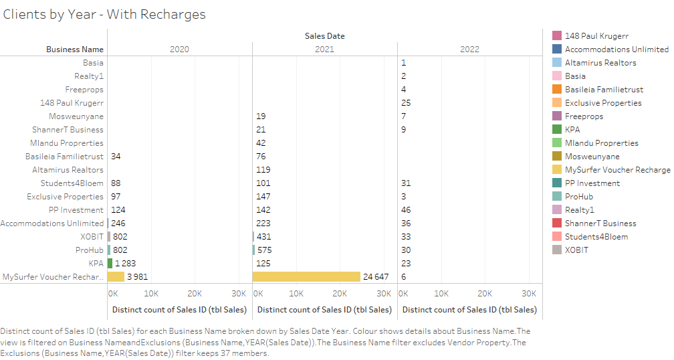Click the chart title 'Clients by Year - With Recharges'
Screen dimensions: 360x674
pyautogui.click(x=104, y=14)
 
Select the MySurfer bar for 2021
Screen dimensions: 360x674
pyautogui.click(x=307, y=276)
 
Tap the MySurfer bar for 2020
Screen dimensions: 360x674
pyautogui.click(x=116, y=276)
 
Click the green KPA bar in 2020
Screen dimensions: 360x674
pyautogui.click(x=110, y=263)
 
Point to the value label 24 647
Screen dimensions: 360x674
pyautogui.click(x=376, y=276)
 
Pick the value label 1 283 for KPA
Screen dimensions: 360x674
pyautogui.click(x=125, y=263)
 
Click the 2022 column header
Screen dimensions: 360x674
pyautogui.click(x=469, y=49)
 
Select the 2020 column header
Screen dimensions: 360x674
pyautogui.click(x=179, y=49)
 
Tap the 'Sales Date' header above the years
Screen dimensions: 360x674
pyautogui.click(x=324, y=35)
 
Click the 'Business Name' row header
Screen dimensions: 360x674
pyautogui.click(x=75, y=49)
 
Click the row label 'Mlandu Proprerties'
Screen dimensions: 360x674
pyautogui.click(x=67, y=143)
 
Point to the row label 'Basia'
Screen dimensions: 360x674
pyautogui.click(x=93, y=62)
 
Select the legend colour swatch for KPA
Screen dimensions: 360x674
pyautogui.click(x=557, y=129)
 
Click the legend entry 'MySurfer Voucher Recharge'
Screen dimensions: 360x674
pyautogui.click(x=617, y=169)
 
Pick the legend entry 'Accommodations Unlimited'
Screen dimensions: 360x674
pyautogui.click(x=616, y=49)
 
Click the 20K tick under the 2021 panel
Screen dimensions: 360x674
pyautogui.click(x=340, y=293)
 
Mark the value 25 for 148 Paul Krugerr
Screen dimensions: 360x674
pyautogui.click(x=406, y=102)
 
